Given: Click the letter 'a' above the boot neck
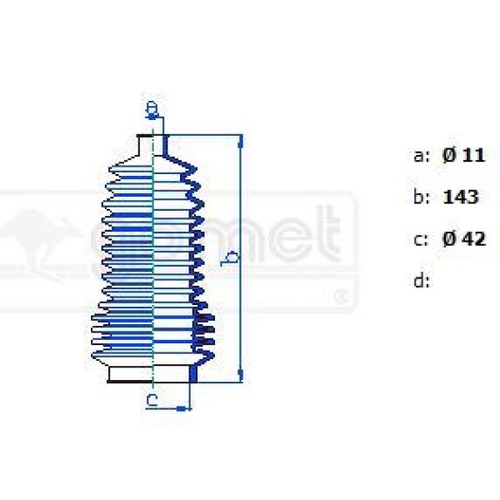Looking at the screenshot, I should [152, 108].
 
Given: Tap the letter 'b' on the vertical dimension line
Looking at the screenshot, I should [232, 257].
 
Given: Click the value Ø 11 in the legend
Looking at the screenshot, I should [463, 155].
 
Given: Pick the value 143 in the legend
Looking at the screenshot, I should [461, 197].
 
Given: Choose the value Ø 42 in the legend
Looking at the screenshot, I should [463, 239].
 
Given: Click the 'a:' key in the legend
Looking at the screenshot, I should [421, 156].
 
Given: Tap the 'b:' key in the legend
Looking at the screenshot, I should [421, 197].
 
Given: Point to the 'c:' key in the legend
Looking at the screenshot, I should [421, 240].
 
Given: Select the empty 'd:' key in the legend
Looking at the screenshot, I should [421, 281].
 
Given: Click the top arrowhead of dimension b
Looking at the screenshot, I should [241, 139].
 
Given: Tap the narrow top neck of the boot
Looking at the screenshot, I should [152, 144].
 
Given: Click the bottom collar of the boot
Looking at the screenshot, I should [154, 373].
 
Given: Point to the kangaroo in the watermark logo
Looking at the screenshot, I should [37, 237].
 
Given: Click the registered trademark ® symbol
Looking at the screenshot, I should [339, 295].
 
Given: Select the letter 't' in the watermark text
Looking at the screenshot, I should [331, 237].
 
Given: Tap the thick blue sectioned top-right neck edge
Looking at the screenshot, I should [166, 145].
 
